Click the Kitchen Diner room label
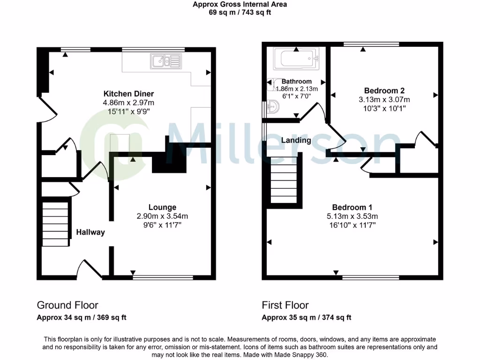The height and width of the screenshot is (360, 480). pyautogui.click(x=128, y=94)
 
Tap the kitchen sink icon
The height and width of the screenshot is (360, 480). pyautogui.click(x=165, y=61)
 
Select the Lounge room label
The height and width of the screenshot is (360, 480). pyautogui.click(x=162, y=207)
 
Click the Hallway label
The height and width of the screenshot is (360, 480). pyautogui.click(x=90, y=232)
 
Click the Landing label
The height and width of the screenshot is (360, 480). pyautogui.click(x=296, y=140)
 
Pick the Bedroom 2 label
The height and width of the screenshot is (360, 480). pyautogui.click(x=384, y=90)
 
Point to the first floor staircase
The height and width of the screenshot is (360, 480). pyautogui.click(x=284, y=180)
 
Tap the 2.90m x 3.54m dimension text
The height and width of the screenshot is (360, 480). pyautogui.click(x=162, y=216)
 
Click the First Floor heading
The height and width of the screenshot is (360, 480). pyautogui.click(x=285, y=305)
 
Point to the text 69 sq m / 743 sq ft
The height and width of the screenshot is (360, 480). pyautogui.click(x=240, y=13)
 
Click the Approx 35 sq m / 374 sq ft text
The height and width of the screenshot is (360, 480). pyautogui.click(x=307, y=317)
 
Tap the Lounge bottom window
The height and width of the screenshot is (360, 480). pyautogui.click(x=163, y=277)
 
